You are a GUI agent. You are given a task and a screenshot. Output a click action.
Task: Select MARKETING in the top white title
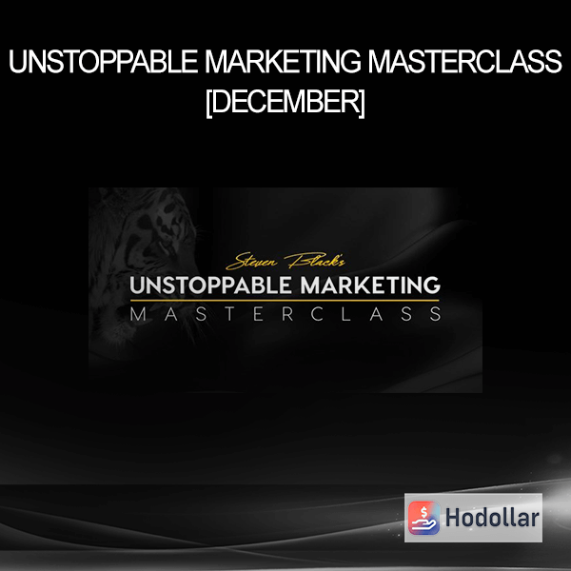click(283, 62)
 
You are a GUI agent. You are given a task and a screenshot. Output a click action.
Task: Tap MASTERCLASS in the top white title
click(465, 62)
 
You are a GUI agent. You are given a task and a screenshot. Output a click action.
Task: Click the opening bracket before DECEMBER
click(208, 104)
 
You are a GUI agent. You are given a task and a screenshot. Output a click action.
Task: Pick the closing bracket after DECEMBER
click(362, 104)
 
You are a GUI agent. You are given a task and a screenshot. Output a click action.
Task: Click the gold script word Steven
click(252, 262)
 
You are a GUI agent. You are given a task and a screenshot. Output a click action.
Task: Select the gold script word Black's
click(315, 260)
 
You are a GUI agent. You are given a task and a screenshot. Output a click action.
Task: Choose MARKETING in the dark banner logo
click(371, 285)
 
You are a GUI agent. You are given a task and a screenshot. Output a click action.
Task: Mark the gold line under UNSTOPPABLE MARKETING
click(285, 301)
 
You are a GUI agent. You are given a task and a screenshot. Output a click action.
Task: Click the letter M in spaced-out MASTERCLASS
click(138, 314)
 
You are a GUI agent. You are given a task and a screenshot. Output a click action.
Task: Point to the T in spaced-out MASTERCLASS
click(229, 314)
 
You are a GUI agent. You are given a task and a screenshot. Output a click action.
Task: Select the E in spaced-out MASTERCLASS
click(258, 314)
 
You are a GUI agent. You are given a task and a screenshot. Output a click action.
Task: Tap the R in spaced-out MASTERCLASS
click(287, 314)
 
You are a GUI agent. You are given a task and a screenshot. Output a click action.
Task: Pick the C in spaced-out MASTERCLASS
click(317, 314)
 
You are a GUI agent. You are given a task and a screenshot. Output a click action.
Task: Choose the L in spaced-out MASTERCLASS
click(346, 314)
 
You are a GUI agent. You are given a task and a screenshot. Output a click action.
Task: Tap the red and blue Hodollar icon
click(423, 518)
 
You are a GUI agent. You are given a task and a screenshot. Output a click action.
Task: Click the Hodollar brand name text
click(492, 518)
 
